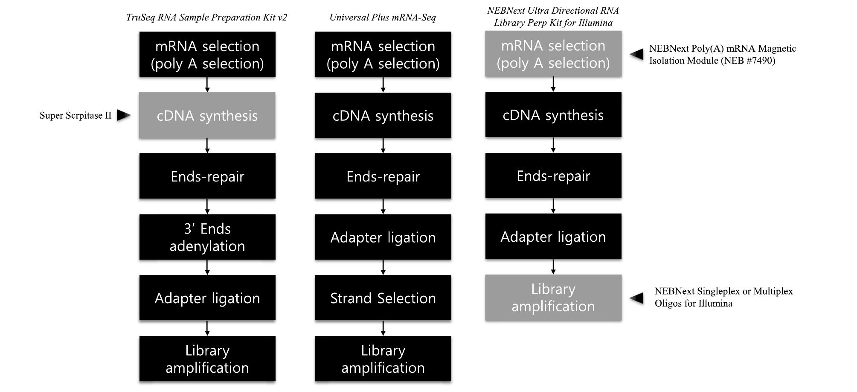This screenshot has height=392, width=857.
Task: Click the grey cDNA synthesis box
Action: pyautogui.click(x=207, y=116)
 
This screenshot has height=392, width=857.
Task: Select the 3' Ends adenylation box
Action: pyautogui.click(x=207, y=237)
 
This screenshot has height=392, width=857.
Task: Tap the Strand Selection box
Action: pyautogui.click(x=383, y=298)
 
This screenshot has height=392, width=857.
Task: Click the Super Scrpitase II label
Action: pyautogui.click(x=75, y=116)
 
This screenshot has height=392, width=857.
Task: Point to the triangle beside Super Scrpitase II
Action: pyautogui.click(x=123, y=115)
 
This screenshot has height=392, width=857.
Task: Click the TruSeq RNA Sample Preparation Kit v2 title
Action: pyautogui.click(x=206, y=18)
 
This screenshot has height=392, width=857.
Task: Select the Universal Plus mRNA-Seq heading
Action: pyautogui.click(x=383, y=18)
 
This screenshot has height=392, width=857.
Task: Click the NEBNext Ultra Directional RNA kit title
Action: pyautogui.click(x=553, y=17)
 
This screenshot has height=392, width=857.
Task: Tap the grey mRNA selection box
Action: pyautogui.click(x=553, y=54)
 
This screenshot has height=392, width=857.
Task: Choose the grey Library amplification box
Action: pyautogui.click(x=553, y=298)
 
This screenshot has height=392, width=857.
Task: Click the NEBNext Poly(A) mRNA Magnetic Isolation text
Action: pyautogui.click(x=722, y=55)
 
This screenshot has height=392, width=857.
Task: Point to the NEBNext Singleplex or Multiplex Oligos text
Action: pyautogui.click(x=723, y=297)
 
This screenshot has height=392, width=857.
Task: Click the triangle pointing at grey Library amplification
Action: pyautogui.click(x=637, y=298)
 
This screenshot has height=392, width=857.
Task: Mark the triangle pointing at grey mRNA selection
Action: pyautogui.click(x=637, y=54)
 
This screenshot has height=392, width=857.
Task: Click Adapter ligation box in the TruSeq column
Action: pyautogui.click(x=207, y=298)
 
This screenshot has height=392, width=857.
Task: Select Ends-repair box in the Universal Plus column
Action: pyautogui.click(x=383, y=176)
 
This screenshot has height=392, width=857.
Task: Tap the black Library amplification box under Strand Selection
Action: pyautogui.click(x=383, y=359)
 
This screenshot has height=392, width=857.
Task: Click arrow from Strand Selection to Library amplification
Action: pyautogui.click(x=383, y=328)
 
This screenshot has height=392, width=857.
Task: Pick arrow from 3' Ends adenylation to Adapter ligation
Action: pyautogui.click(x=207, y=267)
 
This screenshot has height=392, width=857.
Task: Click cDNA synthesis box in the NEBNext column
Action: pyautogui.click(x=553, y=115)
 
